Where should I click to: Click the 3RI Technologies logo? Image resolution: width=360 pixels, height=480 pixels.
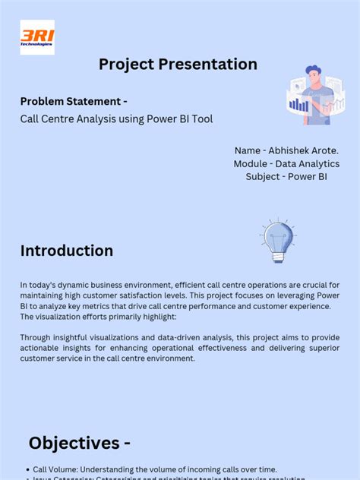point(37,37)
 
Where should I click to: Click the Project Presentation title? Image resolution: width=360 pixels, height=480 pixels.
point(178,65)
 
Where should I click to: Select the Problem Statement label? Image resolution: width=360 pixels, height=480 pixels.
point(73,102)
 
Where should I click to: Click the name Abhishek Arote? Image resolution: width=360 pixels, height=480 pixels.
point(302,150)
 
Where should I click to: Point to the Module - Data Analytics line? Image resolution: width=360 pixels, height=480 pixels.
point(286,163)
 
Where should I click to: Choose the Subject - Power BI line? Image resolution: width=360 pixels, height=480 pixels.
point(286,176)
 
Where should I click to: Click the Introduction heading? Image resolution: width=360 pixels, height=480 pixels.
point(67,251)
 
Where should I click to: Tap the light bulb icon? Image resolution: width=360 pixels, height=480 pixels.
point(277,238)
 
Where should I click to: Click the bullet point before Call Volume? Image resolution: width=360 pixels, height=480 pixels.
point(27,470)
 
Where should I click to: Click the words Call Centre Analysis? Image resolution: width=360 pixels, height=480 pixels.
point(67,118)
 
